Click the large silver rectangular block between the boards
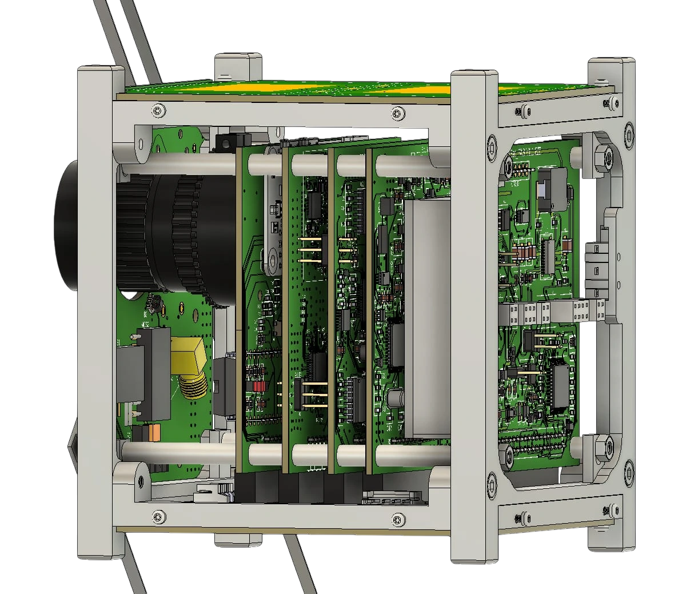click(427, 317)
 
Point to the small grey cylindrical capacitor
click(395, 398)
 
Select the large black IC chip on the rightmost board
click(561, 388)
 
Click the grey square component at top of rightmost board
click(551, 189)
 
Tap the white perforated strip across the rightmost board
click(552, 313)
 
